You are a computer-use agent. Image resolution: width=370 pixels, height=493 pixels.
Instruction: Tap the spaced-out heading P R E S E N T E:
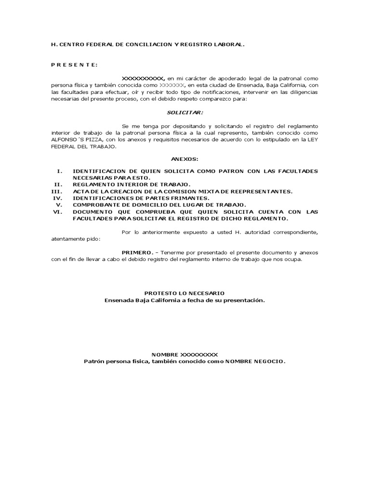[74, 65]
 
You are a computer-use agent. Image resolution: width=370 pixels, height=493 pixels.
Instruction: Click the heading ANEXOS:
[185, 159]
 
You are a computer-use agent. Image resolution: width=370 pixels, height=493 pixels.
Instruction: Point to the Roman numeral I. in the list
[60, 171]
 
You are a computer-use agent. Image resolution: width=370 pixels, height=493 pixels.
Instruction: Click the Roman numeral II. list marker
[58, 185]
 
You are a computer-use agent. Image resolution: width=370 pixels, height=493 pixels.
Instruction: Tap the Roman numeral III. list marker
[57, 192]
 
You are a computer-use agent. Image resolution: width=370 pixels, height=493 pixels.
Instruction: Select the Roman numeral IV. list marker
[58, 198]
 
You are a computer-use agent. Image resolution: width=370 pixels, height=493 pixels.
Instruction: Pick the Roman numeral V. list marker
[59, 205]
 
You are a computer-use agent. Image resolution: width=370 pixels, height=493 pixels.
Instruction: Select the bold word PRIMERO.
[137, 252]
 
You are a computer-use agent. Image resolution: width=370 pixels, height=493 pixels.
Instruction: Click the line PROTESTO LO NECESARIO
[185, 293]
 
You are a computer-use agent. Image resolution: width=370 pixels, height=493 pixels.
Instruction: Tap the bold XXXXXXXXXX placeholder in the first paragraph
[143, 78]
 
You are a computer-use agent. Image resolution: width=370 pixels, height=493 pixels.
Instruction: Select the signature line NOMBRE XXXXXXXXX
[185, 354]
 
